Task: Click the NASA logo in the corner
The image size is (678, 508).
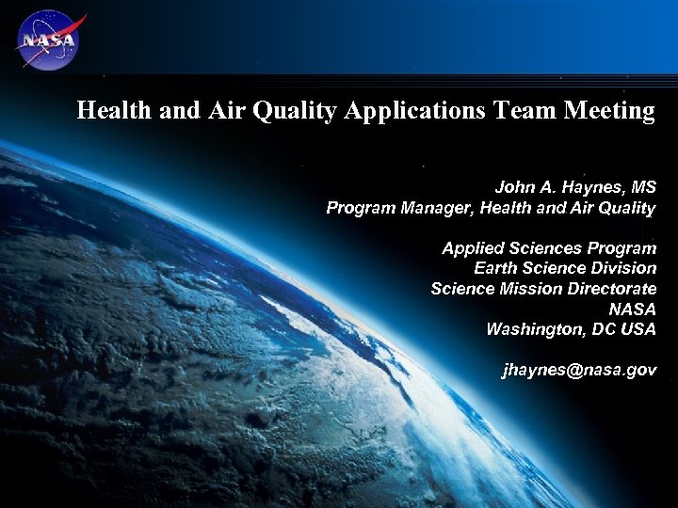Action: pyautogui.click(x=47, y=40)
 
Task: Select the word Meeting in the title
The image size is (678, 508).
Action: pyautogui.click(x=609, y=111)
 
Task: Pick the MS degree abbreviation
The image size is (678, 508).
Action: pyautogui.click(x=643, y=187)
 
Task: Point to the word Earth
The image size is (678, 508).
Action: pyautogui.click(x=495, y=268)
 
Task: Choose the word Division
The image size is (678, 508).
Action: pyautogui.click(x=621, y=268)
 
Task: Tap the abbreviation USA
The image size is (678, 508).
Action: pyautogui.click(x=639, y=329)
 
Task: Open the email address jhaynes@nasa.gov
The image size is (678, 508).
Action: pyautogui.click(x=579, y=370)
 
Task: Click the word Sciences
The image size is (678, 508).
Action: pyautogui.click(x=549, y=248)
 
